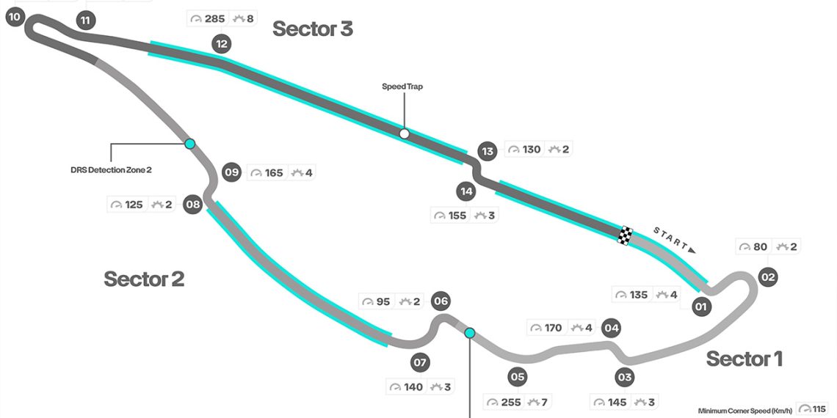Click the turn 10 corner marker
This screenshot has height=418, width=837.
(15, 16)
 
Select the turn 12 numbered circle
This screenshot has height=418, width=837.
(221, 44)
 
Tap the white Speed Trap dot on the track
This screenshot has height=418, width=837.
(404, 133)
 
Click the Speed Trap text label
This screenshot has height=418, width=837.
(402, 87)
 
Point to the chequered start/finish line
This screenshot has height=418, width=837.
(625, 235)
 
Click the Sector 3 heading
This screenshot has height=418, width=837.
(313, 29)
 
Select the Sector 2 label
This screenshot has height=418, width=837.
(144, 279)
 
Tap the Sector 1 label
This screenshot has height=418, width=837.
(744, 359)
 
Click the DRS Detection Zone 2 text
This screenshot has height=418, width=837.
(111, 170)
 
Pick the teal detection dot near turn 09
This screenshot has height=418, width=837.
(190, 144)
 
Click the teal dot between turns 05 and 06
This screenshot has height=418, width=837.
(470, 333)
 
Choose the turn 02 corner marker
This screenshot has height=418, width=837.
(768, 277)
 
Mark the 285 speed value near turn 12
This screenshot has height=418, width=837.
(214, 19)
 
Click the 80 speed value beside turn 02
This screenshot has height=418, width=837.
(760, 247)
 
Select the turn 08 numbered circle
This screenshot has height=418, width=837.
(193, 205)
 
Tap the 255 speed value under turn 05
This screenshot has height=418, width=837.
(510, 403)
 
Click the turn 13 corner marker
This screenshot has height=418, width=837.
(487, 152)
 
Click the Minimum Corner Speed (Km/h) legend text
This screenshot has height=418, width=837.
(745, 410)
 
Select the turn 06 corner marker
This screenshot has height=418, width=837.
(441, 301)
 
